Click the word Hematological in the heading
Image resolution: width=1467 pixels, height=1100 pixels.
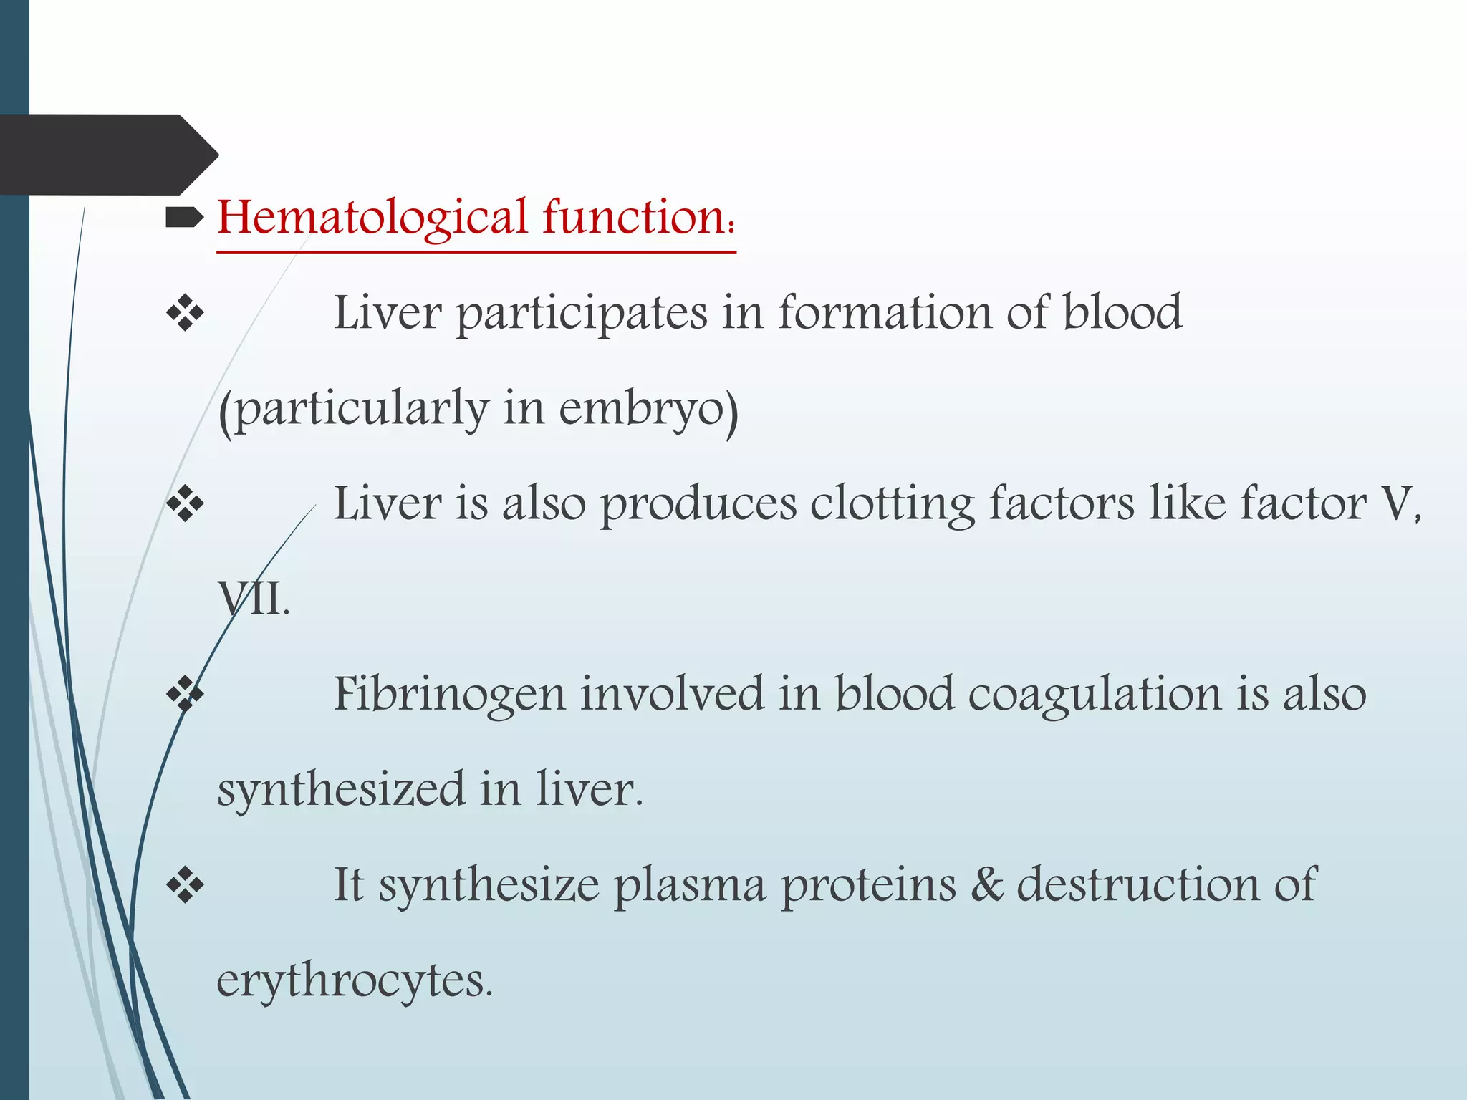[372, 218]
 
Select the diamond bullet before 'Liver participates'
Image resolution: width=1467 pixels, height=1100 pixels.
[185, 313]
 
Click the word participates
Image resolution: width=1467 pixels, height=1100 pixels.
[581, 314]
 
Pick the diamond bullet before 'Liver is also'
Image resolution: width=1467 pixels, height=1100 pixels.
[185, 503]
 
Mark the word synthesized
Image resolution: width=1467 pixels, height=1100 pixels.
[341, 790]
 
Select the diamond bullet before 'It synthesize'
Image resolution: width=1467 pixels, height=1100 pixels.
[185, 885]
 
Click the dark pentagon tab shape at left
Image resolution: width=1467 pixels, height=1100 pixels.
[107, 155]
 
